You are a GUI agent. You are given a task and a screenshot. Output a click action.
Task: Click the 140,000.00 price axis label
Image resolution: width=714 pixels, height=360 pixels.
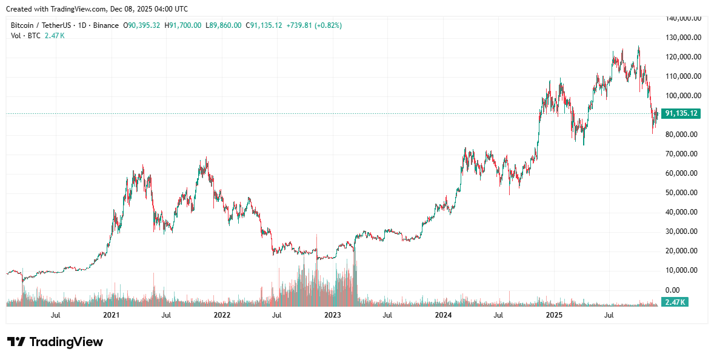click(683, 18)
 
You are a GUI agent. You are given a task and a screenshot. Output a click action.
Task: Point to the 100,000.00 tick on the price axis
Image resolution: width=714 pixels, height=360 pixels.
click(683, 96)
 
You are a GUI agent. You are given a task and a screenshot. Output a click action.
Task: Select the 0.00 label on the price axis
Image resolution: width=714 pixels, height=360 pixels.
click(673, 290)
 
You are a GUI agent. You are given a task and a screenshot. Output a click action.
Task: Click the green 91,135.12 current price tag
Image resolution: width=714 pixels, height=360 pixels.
click(681, 113)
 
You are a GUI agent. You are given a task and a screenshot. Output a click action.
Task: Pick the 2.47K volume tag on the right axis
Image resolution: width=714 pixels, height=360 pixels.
click(675, 302)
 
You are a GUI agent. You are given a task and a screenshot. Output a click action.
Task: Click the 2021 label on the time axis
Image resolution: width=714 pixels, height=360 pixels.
click(111, 315)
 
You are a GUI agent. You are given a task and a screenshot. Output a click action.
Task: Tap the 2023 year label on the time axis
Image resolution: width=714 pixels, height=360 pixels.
click(333, 315)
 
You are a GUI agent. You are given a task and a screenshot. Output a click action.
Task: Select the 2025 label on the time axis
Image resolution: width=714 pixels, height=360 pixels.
click(554, 315)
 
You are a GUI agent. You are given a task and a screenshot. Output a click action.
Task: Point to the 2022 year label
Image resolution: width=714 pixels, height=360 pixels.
click(222, 315)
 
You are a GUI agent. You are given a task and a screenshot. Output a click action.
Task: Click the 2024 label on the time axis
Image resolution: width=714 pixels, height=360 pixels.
click(443, 315)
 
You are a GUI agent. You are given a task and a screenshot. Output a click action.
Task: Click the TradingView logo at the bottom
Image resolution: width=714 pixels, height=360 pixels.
click(55, 342)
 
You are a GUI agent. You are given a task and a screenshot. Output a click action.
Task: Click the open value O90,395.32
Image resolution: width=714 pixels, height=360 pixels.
click(142, 25)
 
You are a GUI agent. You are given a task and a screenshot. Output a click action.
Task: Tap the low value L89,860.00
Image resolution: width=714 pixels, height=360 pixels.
click(224, 25)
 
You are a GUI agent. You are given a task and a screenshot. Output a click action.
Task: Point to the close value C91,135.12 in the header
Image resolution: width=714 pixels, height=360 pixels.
click(264, 25)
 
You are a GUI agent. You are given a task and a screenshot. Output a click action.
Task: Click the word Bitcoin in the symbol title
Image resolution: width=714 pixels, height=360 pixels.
click(23, 25)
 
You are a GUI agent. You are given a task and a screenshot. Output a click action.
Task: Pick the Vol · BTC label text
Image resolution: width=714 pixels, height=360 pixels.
click(26, 36)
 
